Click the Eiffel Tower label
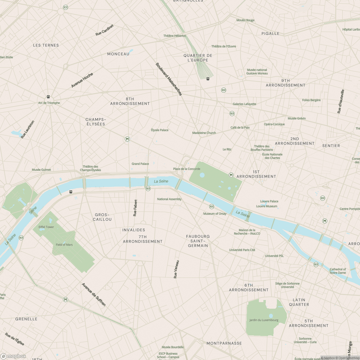(x=46, y=227)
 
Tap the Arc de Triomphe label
(x=49, y=103)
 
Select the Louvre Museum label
(x=267, y=206)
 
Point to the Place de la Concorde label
(x=187, y=169)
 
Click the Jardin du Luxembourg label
(x=264, y=320)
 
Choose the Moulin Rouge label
(x=245, y=20)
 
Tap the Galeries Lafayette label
(x=244, y=104)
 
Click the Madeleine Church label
(x=204, y=133)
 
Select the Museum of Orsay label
(x=215, y=214)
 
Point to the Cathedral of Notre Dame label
(x=338, y=271)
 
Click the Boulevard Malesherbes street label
(x=169, y=79)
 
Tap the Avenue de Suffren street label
(x=94, y=294)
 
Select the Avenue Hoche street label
(x=82, y=80)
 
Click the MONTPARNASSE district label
(x=224, y=343)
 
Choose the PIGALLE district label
(x=270, y=34)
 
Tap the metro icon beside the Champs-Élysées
(x=127, y=139)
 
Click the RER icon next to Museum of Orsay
(x=211, y=206)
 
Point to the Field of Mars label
(x=64, y=245)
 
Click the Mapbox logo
(x=13, y=356)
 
